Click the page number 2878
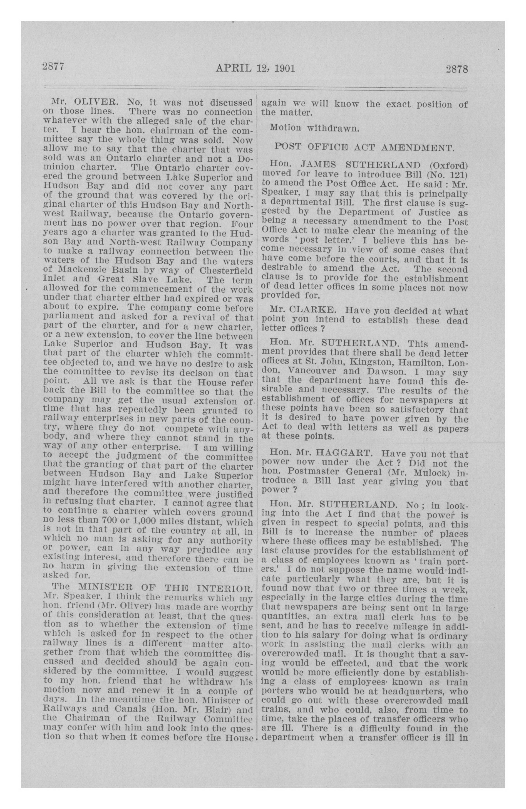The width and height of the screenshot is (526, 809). [457, 69]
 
